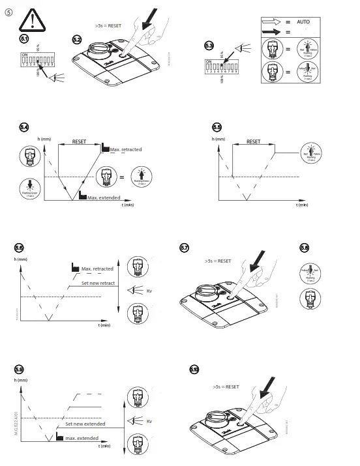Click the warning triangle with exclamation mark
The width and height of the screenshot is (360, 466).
(31, 21)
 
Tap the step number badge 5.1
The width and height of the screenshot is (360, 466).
(25, 40)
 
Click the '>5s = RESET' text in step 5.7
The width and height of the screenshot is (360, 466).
(218, 261)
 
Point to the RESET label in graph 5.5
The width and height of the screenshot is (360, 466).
(253, 141)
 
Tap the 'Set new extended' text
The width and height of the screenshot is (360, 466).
(85, 424)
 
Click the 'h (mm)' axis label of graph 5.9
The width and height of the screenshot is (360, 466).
(22, 379)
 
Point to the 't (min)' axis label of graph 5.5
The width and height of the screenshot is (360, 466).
(301, 205)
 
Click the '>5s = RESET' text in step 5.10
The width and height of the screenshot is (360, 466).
(226, 386)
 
